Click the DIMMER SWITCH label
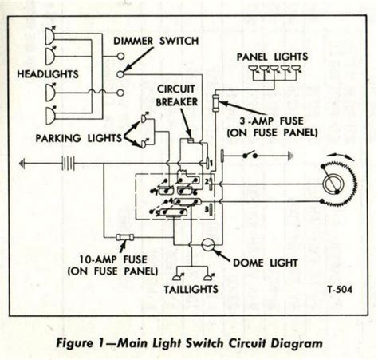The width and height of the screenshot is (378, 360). (156, 41)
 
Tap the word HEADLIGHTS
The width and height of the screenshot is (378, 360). (48, 74)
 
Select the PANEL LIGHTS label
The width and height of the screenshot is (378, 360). (272, 57)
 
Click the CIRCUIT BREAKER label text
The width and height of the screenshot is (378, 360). (176, 96)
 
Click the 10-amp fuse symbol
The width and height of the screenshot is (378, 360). (125, 237)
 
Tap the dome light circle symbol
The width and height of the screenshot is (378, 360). (207, 245)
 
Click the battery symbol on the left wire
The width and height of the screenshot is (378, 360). (68, 163)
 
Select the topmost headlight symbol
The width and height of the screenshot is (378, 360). (50, 36)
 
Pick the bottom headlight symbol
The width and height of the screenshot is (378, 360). (50, 115)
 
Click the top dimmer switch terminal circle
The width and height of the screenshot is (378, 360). (120, 57)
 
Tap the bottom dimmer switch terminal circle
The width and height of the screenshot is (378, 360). (120, 93)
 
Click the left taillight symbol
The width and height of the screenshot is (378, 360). (177, 277)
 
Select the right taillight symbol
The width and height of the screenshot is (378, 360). (209, 277)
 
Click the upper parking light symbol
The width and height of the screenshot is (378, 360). (145, 117)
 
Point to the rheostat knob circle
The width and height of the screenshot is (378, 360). (333, 184)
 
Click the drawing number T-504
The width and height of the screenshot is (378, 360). (340, 289)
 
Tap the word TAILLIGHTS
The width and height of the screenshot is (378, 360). (191, 290)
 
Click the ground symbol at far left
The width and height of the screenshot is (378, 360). (22, 163)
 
